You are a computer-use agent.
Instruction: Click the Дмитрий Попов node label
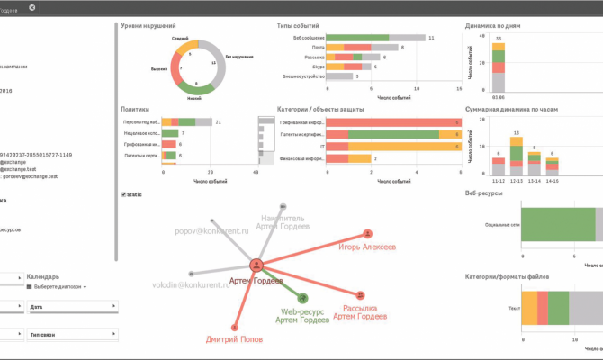pos(233,340)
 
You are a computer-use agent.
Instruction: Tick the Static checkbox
pos(123,194)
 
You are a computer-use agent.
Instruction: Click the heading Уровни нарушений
pos(148,26)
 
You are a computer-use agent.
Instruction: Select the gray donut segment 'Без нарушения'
pos(213,61)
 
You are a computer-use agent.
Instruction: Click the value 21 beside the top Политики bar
pos(218,121)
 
